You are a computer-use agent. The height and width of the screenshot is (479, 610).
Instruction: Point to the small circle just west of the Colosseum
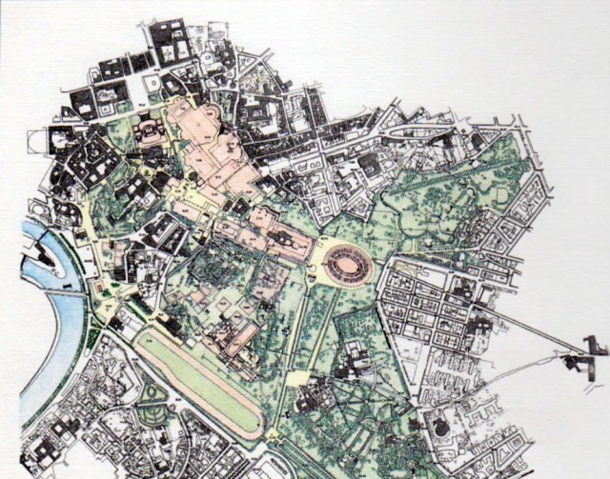click(312, 276)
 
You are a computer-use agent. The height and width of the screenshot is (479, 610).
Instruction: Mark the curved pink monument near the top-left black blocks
click(151, 130)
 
